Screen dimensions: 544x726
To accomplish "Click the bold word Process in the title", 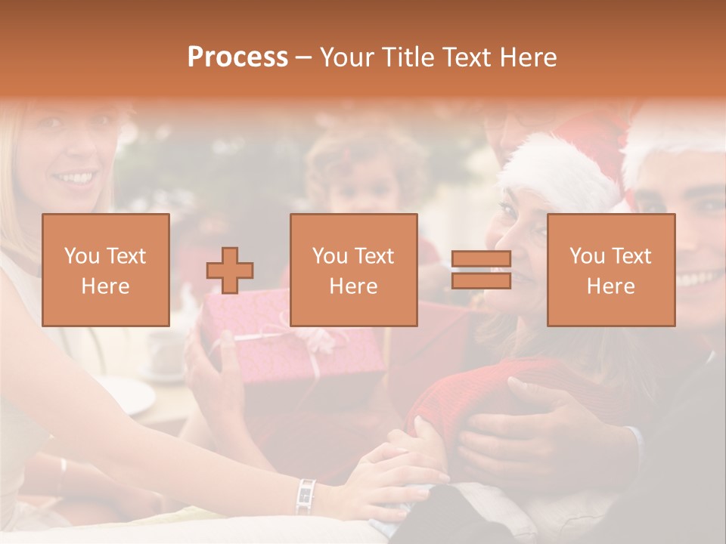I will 237,57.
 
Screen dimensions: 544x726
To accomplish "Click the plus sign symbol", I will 230,270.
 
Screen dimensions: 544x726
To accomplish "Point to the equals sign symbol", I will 481,270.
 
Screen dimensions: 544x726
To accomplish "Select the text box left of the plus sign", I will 106,270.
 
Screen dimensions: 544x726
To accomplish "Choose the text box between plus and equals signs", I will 354,270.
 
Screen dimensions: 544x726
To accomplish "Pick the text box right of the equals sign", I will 611,270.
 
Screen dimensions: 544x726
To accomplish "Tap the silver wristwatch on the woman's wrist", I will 306,495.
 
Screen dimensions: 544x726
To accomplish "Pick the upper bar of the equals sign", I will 481,259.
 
